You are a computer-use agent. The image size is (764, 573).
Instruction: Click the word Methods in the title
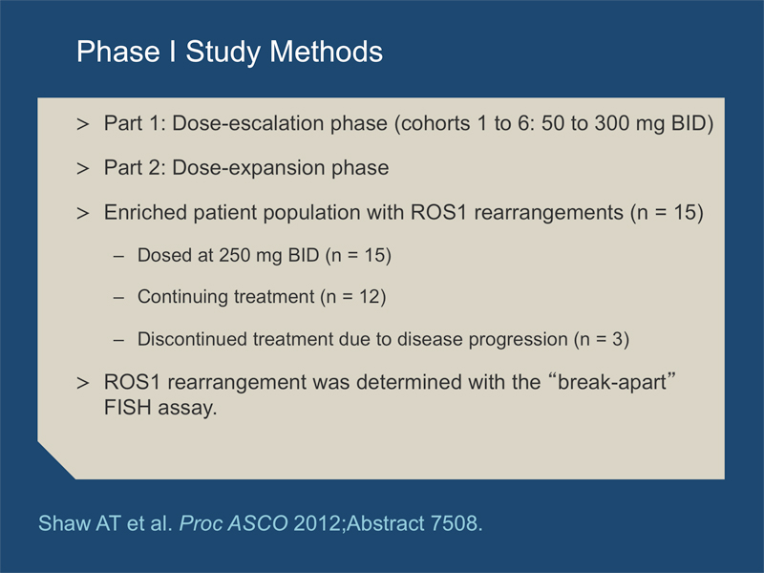[x=326, y=52]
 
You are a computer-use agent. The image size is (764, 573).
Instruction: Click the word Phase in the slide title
[x=118, y=52]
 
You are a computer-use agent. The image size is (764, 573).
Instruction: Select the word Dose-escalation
[x=248, y=123]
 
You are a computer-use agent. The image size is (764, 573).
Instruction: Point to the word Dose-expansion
[x=248, y=168]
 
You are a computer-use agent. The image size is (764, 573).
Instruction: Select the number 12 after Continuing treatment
[x=370, y=297]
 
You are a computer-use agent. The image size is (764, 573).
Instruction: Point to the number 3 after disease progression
[x=617, y=339]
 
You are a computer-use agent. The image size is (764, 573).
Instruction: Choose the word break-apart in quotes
[x=611, y=383]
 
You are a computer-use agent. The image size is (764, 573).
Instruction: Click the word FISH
[x=127, y=408]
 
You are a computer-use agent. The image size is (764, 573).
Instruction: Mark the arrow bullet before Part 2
[x=83, y=169]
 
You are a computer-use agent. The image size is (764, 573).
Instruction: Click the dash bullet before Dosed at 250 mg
[x=118, y=256]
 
